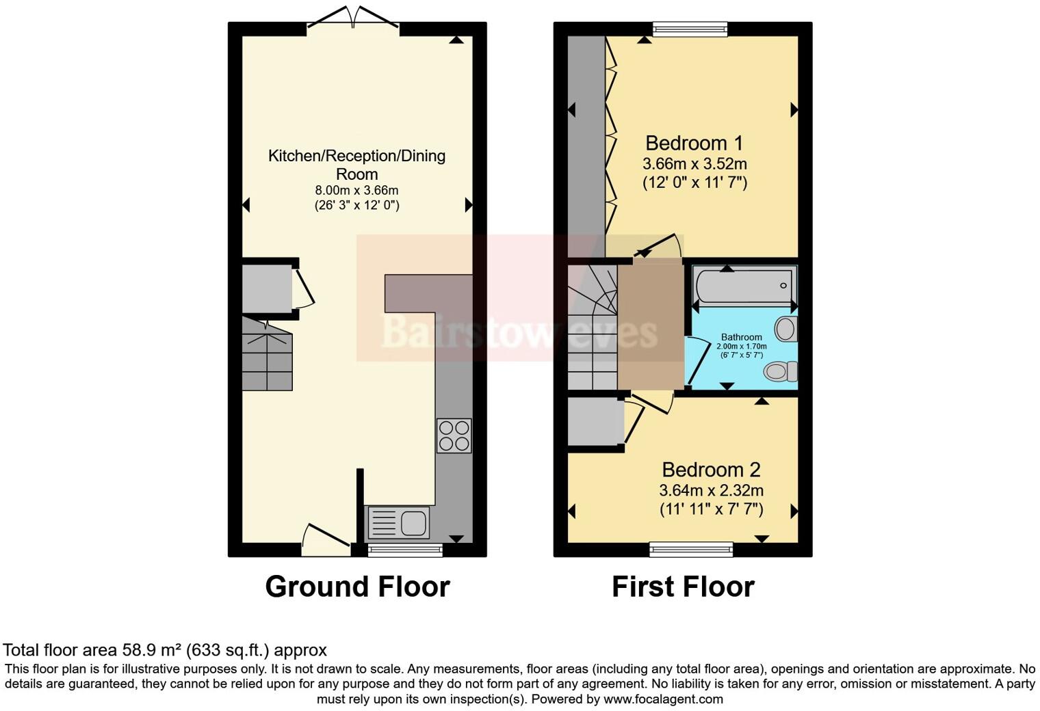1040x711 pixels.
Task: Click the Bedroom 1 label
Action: coord(694,143)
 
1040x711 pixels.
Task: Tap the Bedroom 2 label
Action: coord(711,470)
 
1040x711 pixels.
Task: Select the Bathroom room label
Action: coord(742,337)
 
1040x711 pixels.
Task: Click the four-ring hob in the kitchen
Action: coord(454,436)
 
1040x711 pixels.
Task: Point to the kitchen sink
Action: coord(398,523)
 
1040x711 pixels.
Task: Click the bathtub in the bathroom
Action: coord(744,286)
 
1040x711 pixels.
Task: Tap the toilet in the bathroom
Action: coord(781,371)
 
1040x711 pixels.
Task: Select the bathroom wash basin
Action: coord(786,328)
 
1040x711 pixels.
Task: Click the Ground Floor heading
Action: coord(357,587)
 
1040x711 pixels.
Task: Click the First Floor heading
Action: coord(683,587)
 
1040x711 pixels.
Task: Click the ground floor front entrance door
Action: coord(326,540)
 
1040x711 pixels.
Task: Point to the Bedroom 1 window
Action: coord(690,29)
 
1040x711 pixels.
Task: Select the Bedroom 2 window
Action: coord(691,550)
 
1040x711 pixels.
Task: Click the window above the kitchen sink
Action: coord(405,550)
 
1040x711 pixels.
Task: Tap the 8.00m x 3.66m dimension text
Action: coord(356,191)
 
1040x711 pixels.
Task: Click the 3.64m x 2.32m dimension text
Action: coord(712,490)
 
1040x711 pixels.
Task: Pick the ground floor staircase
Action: coord(267,354)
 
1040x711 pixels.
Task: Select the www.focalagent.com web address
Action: coord(663,699)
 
